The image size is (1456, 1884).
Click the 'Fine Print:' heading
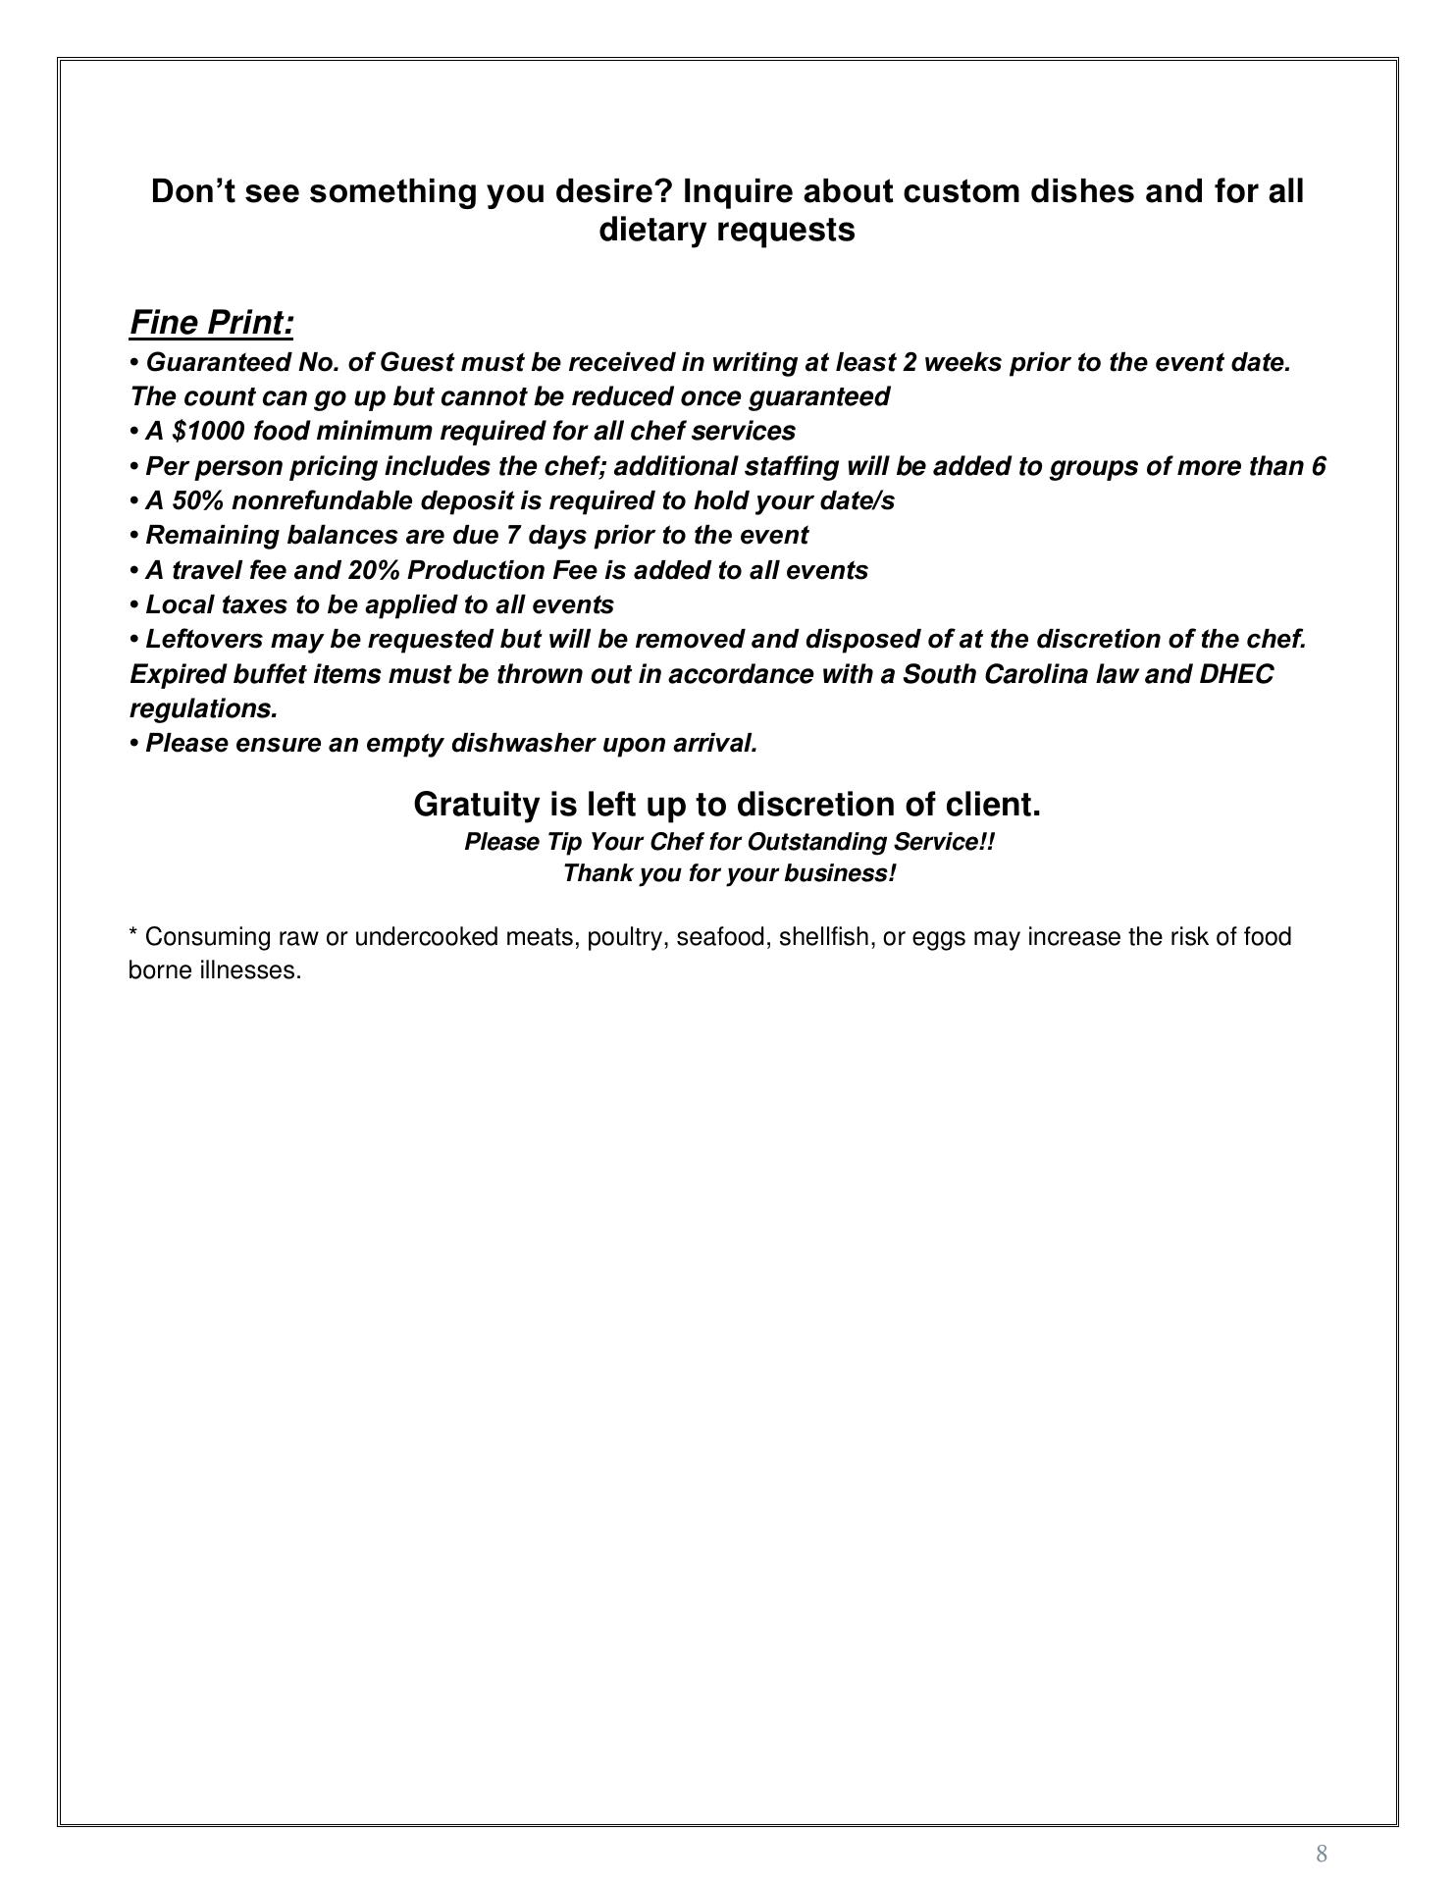click(x=211, y=323)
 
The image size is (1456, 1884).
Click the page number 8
click(x=1322, y=1853)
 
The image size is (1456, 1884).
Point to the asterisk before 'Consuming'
click(x=133, y=934)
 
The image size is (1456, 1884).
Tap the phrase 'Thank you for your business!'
click(x=729, y=873)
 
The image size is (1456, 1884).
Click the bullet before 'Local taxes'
click(x=134, y=605)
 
